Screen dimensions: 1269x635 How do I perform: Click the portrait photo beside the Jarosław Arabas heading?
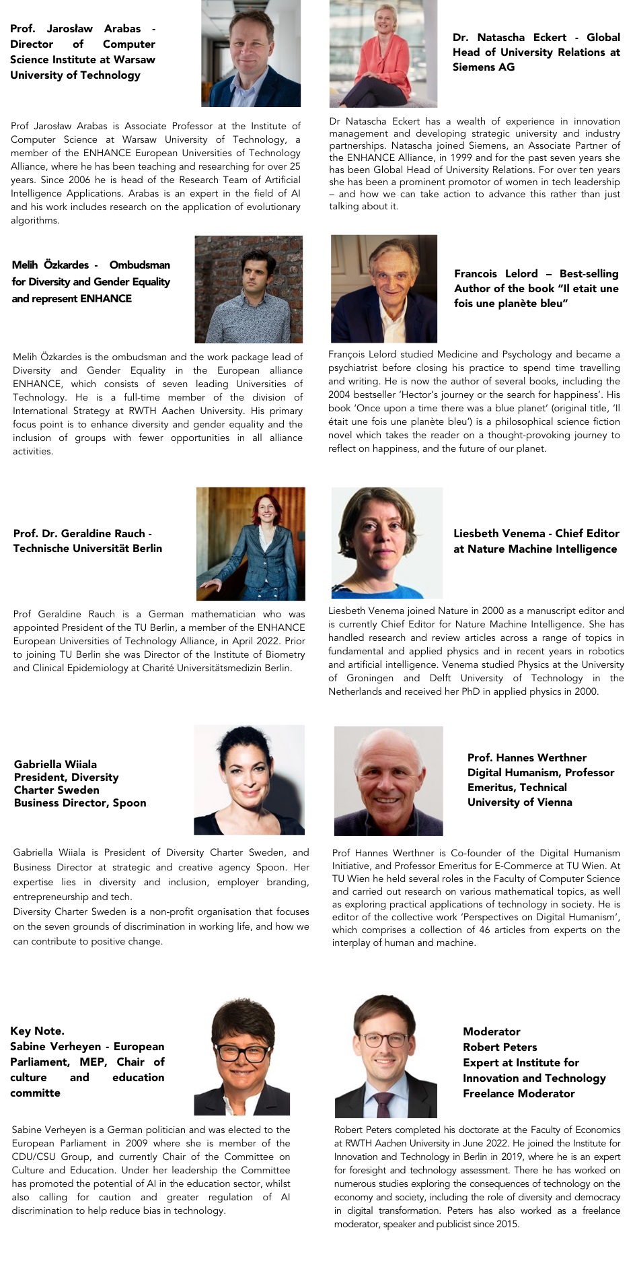[x=251, y=54]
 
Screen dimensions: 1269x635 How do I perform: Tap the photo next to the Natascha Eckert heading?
[x=383, y=54]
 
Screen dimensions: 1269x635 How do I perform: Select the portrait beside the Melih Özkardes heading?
[x=248, y=289]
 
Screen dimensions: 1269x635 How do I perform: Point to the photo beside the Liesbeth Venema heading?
[x=387, y=543]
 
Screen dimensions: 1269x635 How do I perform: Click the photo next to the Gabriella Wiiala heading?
[x=249, y=780]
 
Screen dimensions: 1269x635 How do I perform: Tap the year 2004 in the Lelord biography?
[x=340, y=395]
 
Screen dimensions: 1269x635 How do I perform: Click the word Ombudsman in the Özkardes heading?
[x=139, y=265]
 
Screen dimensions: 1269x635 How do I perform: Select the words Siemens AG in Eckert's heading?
[x=483, y=67]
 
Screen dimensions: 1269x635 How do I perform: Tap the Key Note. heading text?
[x=37, y=1031]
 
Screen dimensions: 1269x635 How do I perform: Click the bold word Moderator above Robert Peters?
[x=491, y=1031]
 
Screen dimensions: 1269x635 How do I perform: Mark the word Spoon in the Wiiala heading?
[x=128, y=803]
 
